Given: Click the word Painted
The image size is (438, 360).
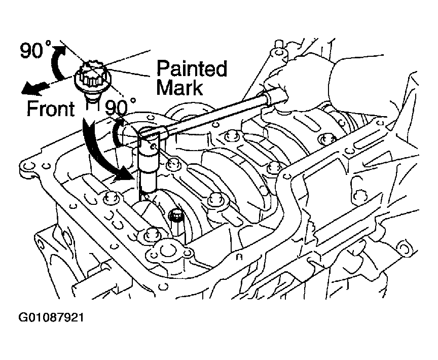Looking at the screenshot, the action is (x=192, y=68).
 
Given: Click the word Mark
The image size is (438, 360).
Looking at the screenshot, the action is (x=179, y=87).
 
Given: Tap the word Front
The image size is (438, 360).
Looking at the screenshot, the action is (x=51, y=109).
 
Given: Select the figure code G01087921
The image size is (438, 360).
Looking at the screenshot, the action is (x=51, y=317).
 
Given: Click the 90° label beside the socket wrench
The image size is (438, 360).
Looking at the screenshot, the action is (x=120, y=107).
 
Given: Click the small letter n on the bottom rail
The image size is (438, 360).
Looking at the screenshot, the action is (x=239, y=257).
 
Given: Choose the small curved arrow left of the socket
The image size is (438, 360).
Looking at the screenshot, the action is (x=118, y=131).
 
